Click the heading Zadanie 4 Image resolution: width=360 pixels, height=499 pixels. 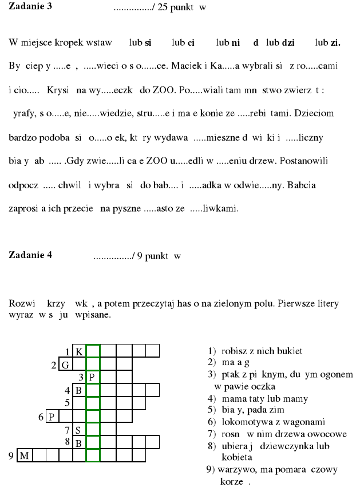[30, 255]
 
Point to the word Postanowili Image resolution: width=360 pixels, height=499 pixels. [302, 162]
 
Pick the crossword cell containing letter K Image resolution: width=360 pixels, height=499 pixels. [80, 351]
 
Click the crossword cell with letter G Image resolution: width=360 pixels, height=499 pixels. [66, 365]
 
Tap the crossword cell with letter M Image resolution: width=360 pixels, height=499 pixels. [24, 456]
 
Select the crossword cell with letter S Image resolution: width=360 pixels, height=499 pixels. [79, 430]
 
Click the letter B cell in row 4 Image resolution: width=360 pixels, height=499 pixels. [79, 391]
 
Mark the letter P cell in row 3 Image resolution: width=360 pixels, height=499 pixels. [92, 377]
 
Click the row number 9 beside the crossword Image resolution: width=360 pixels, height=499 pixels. [11, 456]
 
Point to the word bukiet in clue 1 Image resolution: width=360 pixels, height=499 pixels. [290, 351]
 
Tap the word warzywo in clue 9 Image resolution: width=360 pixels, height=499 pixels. [231, 470]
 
